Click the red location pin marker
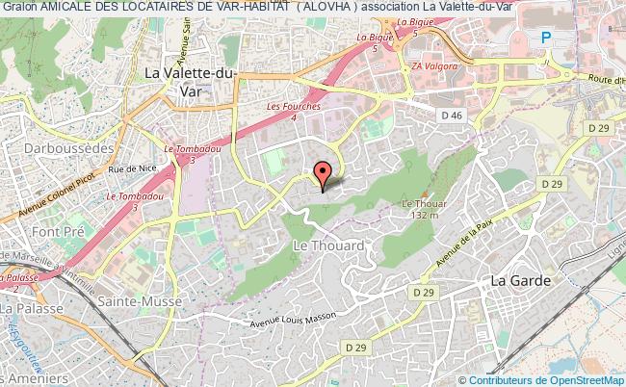[322, 173]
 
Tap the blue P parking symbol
[545, 39]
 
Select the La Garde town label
[520, 280]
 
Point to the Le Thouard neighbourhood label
[327, 245]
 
